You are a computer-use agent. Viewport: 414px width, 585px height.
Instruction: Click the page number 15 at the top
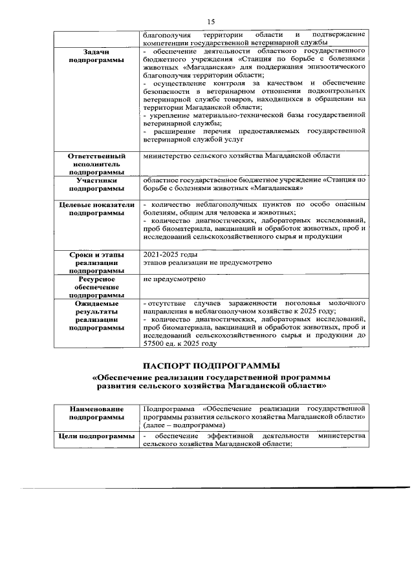pyautogui.click(x=211, y=21)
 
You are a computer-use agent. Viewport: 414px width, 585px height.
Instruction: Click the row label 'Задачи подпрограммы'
pyautogui.click(x=96, y=55)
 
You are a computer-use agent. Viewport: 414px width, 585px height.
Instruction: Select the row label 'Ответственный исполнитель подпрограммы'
pyautogui.click(x=96, y=164)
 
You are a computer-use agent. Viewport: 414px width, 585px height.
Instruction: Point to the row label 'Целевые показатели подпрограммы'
pyautogui.click(x=96, y=208)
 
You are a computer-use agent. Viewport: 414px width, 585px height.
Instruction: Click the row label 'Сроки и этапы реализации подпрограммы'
pyautogui.click(x=96, y=263)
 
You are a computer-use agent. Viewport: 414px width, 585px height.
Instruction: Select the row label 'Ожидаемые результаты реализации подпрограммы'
pyautogui.click(x=96, y=315)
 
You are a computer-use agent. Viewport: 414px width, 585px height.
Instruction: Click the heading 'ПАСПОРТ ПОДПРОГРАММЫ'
pyautogui.click(x=211, y=366)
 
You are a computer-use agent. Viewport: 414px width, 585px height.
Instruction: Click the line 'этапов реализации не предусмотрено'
pyautogui.click(x=202, y=263)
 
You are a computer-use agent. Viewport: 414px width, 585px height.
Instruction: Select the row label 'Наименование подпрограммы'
pyautogui.click(x=96, y=414)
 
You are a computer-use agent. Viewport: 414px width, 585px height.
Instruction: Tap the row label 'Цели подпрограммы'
pyautogui.click(x=96, y=438)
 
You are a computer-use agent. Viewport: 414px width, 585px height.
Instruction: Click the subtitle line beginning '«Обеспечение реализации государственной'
pyautogui.click(x=211, y=376)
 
